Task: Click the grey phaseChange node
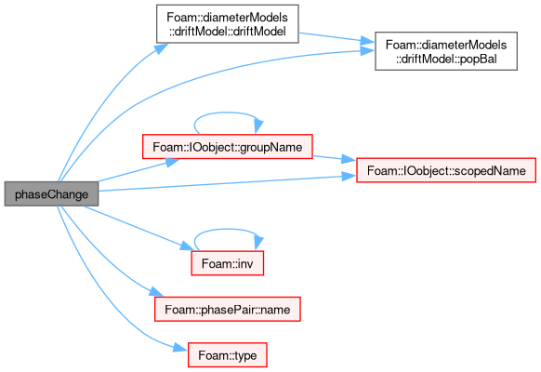coord(51,194)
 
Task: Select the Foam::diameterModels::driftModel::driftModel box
coord(228,24)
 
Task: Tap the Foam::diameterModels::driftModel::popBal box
coord(446,51)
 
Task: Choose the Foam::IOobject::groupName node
coord(228,147)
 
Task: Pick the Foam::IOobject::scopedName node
coord(446,170)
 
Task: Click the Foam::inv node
coord(228,263)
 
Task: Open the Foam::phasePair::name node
coord(228,309)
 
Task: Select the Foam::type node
coord(228,355)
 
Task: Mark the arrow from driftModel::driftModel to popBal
coord(336,37)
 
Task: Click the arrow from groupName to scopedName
coord(335,158)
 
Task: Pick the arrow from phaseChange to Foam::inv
coord(138,228)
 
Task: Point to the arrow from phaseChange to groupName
coord(138,171)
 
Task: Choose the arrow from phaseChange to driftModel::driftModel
coord(103,100)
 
